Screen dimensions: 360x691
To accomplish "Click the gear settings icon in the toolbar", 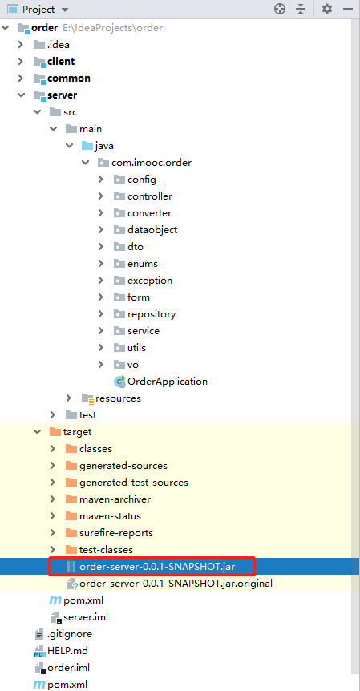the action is click(326, 9).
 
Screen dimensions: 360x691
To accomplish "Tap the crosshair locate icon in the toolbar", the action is click(280, 9).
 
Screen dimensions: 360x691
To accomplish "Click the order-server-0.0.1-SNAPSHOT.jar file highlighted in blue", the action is click(164, 566).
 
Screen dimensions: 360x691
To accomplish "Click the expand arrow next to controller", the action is click(101, 196).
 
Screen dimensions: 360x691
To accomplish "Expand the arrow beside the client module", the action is click(20, 61).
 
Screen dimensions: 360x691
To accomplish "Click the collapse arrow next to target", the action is click(37, 432).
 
